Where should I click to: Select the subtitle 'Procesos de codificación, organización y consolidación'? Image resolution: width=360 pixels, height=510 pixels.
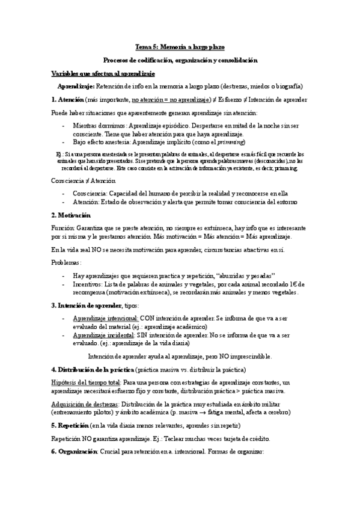(180, 60)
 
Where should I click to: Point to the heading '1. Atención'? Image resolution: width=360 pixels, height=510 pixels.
(67, 99)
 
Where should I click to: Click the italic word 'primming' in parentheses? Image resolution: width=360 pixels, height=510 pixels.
(230, 142)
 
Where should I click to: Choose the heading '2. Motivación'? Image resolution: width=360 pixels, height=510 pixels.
(71, 215)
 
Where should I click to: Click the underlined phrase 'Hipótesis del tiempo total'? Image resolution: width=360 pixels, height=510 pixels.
(86, 382)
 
